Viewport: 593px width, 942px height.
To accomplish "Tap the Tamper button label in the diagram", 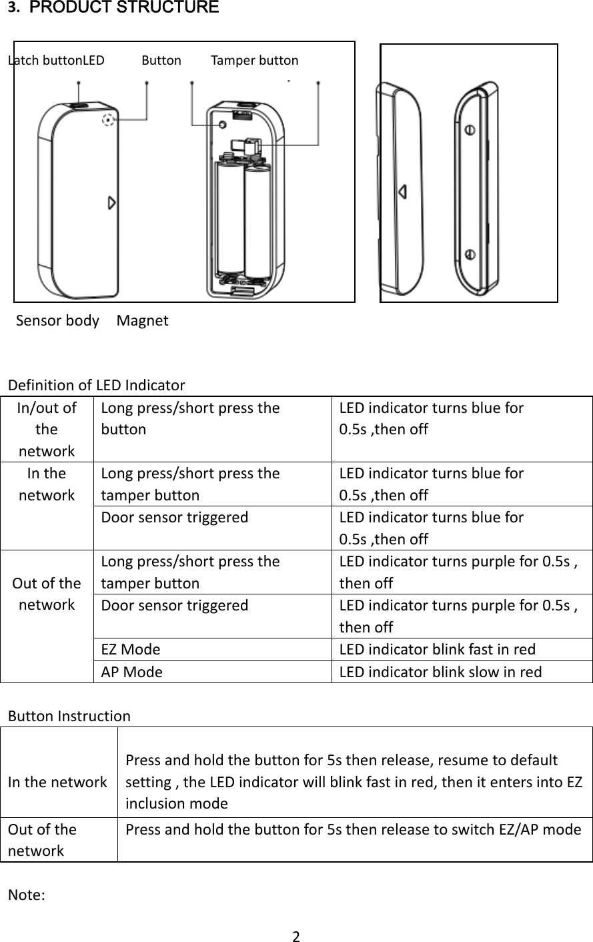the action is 255,61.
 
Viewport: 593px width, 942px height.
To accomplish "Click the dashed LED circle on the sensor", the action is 107,121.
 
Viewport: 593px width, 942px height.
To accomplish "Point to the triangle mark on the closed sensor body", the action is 112,203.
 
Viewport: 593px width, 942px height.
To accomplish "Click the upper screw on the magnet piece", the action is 470,130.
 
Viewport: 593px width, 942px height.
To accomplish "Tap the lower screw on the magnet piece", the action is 470,254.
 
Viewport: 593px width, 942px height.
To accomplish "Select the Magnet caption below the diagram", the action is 143,321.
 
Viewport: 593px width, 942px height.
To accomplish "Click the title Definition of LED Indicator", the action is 96,385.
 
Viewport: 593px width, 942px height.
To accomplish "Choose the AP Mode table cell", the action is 131,672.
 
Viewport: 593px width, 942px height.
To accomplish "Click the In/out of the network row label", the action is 47,429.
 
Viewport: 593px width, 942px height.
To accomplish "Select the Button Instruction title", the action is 69,717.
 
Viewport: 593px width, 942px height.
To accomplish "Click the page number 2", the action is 297,935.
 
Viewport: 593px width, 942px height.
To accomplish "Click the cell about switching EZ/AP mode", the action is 354,829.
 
